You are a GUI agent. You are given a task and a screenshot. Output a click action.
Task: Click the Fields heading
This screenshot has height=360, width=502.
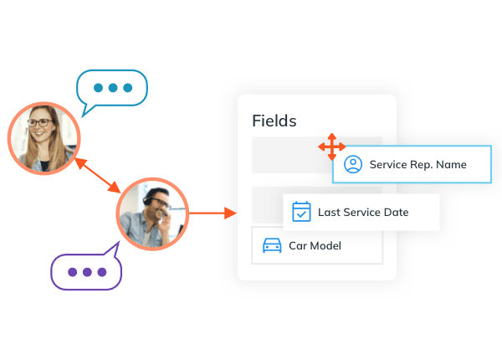click(274, 121)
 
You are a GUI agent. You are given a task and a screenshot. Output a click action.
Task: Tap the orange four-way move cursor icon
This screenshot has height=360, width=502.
click(331, 147)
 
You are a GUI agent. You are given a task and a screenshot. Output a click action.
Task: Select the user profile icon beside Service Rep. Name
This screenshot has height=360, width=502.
click(353, 164)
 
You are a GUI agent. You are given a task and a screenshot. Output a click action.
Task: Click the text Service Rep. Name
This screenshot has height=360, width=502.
click(417, 165)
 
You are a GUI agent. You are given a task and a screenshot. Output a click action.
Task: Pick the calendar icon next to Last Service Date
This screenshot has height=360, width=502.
click(301, 212)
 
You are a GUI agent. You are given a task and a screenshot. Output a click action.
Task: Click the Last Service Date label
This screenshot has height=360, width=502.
click(363, 213)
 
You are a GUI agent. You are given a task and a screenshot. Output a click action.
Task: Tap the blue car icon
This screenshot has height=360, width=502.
click(272, 245)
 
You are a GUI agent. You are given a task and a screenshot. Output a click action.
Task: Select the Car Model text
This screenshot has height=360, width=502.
click(315, 245)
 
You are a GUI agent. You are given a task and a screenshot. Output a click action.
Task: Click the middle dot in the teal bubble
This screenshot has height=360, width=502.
click(113, 87)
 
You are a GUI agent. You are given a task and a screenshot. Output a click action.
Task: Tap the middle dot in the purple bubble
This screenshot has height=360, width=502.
click(87, 272)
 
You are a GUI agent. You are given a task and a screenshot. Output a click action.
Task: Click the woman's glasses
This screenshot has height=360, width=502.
click(40, 122)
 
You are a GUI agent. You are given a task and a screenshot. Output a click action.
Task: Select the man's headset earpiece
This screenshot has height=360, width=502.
click(147, 201)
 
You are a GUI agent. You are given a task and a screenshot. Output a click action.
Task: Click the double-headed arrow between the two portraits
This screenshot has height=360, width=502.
click(97, 176)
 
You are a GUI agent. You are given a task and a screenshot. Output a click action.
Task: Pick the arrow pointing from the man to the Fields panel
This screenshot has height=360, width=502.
click(213, 213)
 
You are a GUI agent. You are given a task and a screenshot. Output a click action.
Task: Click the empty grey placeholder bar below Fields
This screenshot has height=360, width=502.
click(285, 155)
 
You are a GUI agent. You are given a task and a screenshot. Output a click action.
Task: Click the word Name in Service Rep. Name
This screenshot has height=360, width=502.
click(451, 165)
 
